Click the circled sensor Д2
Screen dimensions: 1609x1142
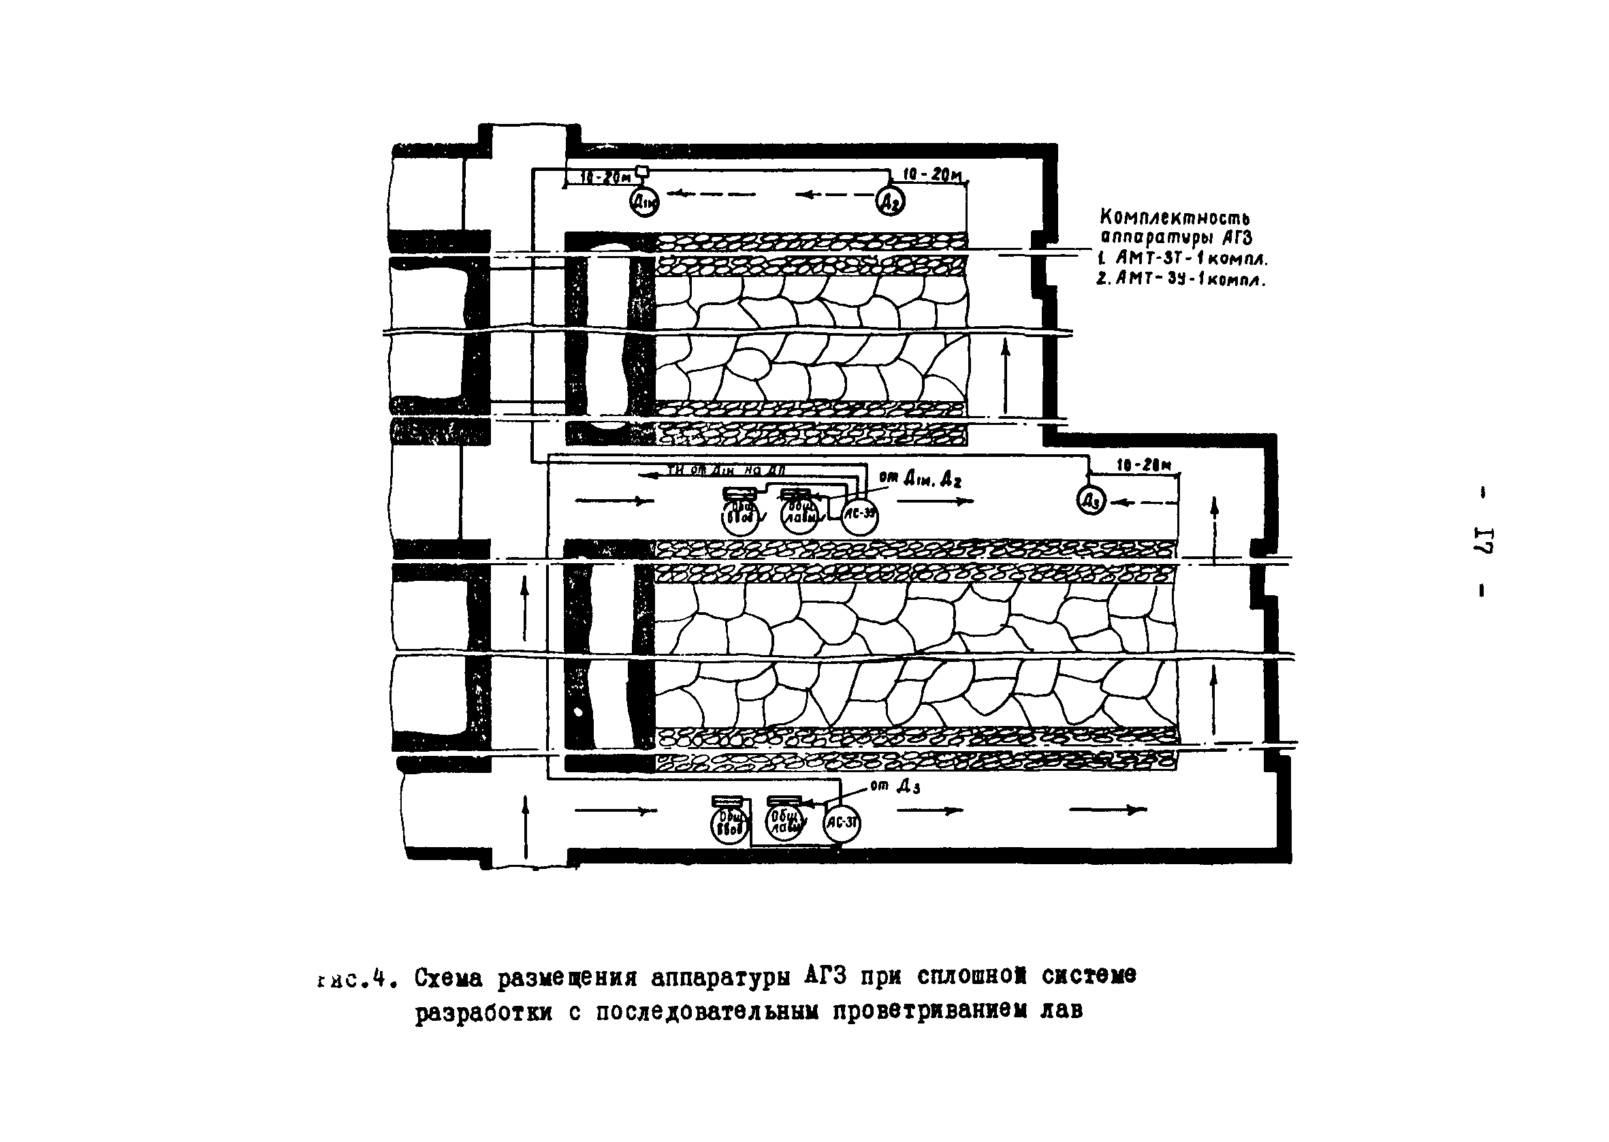point(890,202)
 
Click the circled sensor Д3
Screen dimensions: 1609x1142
point(1092,501)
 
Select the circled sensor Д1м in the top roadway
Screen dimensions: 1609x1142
point(644,202)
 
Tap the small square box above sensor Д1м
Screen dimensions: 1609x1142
point(642,171)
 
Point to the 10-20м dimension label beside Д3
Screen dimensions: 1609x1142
point(1143,466)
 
